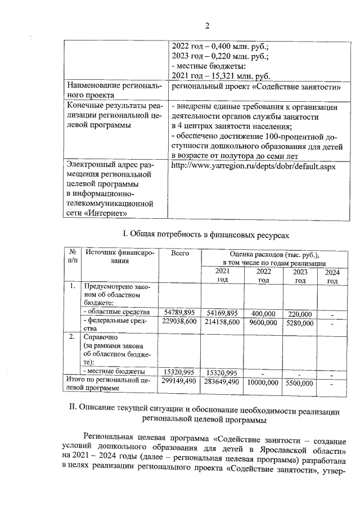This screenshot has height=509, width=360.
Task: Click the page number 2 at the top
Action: pyautogui.click(x=206, y=26)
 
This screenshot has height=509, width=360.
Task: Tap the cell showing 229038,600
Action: pyautogui.click(x=179, y=322)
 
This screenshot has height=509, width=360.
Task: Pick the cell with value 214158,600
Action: pyautogui.click(x=222, y=322)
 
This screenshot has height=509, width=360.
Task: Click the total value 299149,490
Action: pyautogui.click(x=179, y=382)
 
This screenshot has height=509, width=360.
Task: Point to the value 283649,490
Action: pyautogui.click(x=222, y=382)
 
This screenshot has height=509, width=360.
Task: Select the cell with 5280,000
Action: pyautogui.click(x=300, y=322)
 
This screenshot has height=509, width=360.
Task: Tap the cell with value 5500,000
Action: pyautogui.click(x=300, y=382)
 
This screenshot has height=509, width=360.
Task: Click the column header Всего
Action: pyautogui.click(x=179, y=254)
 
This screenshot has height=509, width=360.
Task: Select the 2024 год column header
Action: pyautogui.click(x=332, y=277)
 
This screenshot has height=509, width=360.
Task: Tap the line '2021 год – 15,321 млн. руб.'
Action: pyautogui.click(x=222, y=76)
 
